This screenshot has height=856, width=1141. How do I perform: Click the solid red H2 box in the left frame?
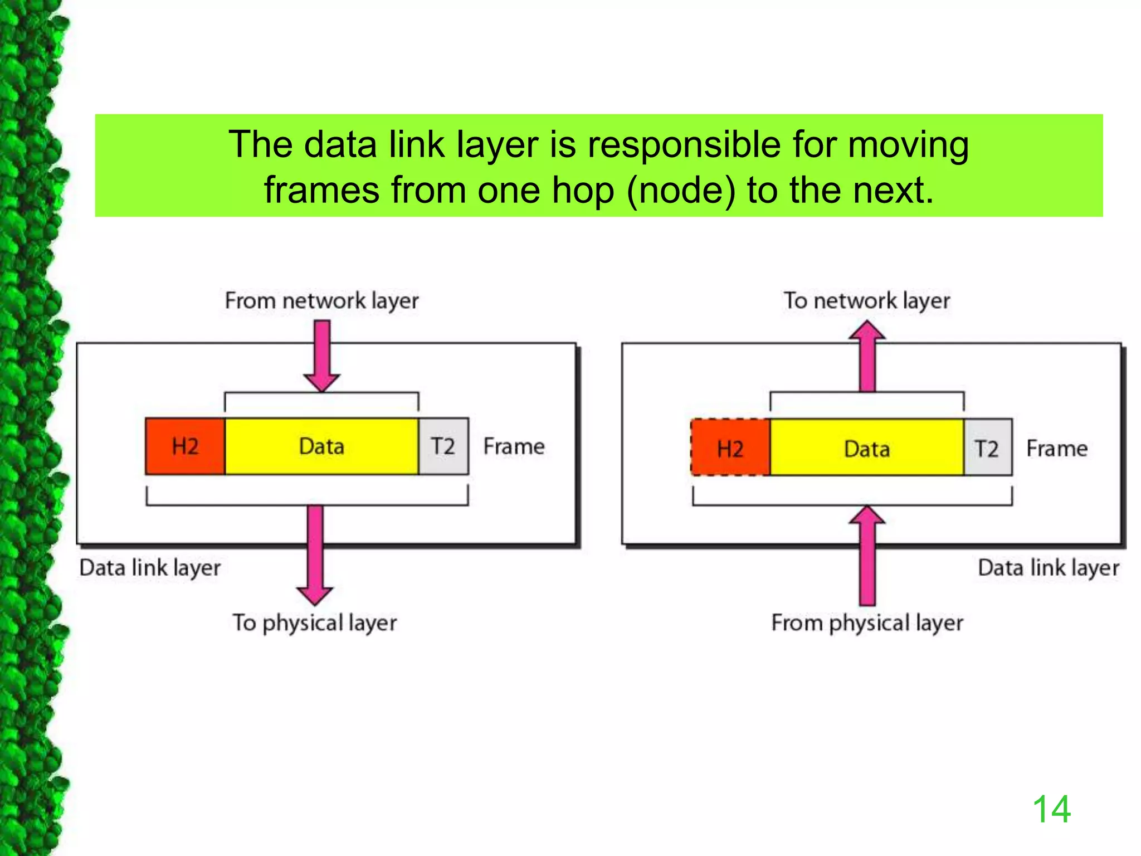pos(185,446)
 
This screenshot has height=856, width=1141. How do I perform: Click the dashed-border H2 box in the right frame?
pos(730,448)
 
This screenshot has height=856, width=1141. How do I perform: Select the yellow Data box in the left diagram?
pos(321,446)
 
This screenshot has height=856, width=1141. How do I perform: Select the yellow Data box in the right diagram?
pos(866,448)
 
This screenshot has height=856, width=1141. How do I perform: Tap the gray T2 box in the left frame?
pos(443,446)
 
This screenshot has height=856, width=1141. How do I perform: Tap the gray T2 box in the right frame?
pos(987,448)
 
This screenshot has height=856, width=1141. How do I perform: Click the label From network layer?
pos(321,301)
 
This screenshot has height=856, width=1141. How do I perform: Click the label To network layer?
pos(866,301)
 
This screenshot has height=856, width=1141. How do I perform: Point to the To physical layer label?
pos(315,623)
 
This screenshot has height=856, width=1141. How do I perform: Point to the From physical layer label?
pos(867,623)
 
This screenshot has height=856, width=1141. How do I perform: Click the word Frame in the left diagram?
pos(514,446)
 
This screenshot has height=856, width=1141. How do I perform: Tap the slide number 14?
pos(1051,809)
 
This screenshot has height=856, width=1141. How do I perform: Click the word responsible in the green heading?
pos(684,145)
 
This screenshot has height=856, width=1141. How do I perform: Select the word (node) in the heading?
pos(681,191)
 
